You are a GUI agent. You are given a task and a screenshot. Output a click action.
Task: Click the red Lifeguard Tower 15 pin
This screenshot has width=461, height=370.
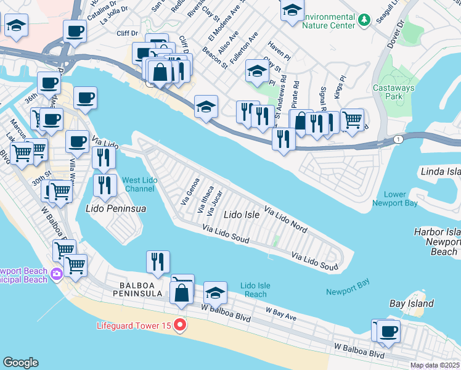(180, 324)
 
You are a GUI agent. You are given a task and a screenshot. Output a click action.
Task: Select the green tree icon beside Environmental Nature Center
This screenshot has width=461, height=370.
(364, 21)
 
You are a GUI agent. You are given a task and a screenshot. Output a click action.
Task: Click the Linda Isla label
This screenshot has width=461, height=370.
(440, 170)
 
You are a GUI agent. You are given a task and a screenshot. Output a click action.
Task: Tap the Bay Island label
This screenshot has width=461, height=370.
(412, 303)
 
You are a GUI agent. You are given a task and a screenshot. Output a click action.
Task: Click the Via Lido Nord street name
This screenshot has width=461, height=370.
(286, 220)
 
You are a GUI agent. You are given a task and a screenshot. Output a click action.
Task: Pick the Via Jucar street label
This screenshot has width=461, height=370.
(215, 203)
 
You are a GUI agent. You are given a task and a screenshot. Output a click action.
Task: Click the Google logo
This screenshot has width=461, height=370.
(20, 363)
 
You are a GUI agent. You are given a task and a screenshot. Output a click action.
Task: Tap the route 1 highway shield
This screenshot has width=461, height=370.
(399, 140)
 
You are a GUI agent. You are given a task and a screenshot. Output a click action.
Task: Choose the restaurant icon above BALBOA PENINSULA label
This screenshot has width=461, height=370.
(158, 263)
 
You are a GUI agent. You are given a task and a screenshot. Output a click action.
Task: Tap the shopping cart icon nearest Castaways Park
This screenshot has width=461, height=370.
(351, 120)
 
